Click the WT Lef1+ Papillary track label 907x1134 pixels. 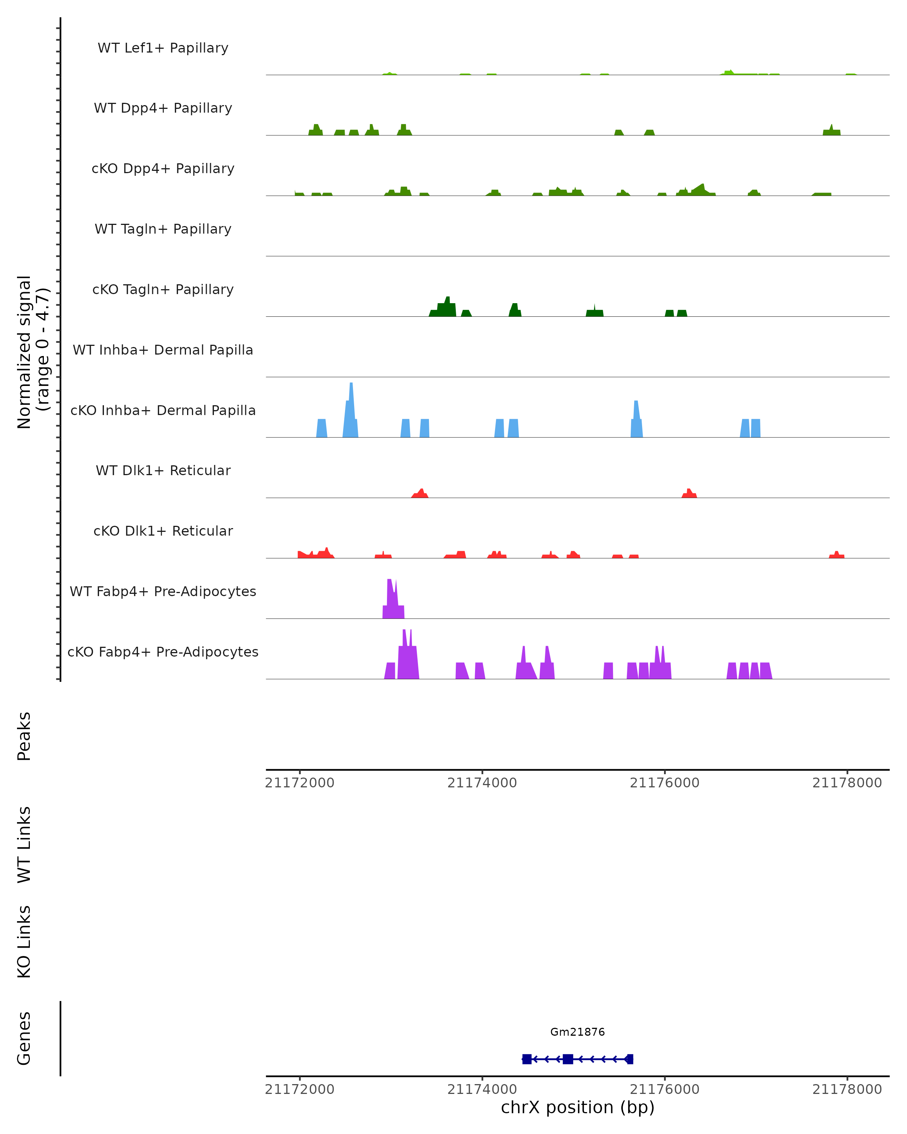coord(163,48)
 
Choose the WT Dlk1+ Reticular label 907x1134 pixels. coord(163,471)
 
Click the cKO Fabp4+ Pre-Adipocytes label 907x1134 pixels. coord(163,652)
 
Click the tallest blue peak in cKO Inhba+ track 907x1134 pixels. coord(351,410)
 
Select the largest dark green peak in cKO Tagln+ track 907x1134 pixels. coord(446,307)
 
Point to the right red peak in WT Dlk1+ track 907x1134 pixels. coord(689,493)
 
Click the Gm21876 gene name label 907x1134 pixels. coord(577,1032)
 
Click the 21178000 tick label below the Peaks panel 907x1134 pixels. coord(847,783)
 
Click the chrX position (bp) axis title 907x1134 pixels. coord(577,1108)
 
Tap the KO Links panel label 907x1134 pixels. coord(24,942)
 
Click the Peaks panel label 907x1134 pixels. coord(24,736)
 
